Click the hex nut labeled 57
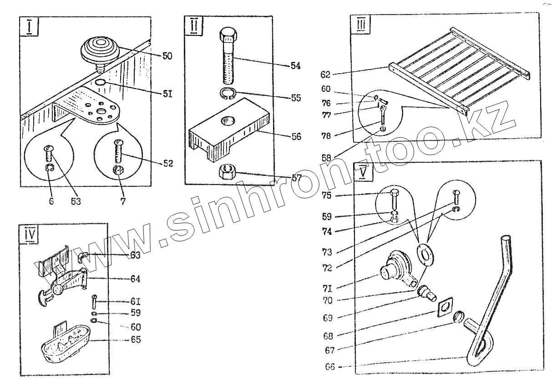point(227,173)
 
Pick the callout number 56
point(296,136)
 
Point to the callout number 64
point(135,279)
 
